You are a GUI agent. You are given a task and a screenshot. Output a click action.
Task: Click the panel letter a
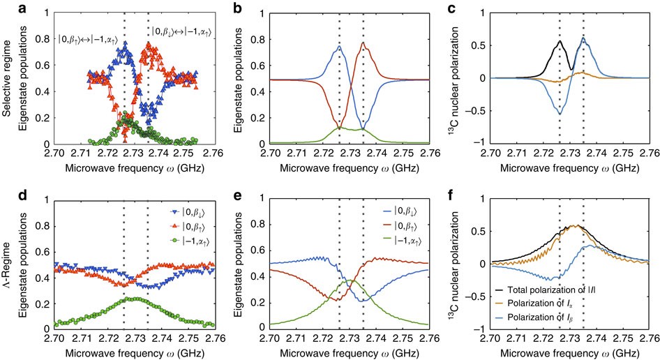6,7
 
